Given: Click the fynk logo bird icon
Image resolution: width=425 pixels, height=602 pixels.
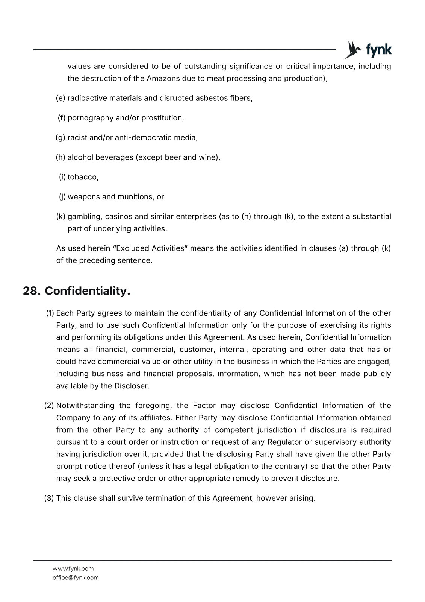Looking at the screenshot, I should (352, 50).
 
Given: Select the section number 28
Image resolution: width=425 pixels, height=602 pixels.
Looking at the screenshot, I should (32, 291).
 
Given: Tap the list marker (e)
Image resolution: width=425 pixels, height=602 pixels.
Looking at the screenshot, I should (60, 98).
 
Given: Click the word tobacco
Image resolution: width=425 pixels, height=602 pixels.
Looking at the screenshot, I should (83, 177).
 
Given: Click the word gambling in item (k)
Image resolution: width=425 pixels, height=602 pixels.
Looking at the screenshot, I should (84, 217).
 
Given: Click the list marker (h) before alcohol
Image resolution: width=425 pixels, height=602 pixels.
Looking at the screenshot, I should (60, 157).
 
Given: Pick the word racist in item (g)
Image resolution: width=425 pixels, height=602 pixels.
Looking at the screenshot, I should (77, 138).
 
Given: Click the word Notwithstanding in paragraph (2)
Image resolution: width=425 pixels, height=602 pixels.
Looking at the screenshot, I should (86, 406).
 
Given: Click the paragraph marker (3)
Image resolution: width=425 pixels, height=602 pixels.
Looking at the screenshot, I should (49, 498).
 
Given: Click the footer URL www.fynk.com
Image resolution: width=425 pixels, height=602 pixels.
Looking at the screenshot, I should (73, 569).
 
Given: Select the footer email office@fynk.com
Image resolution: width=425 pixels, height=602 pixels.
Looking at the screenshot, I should (76, 578).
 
